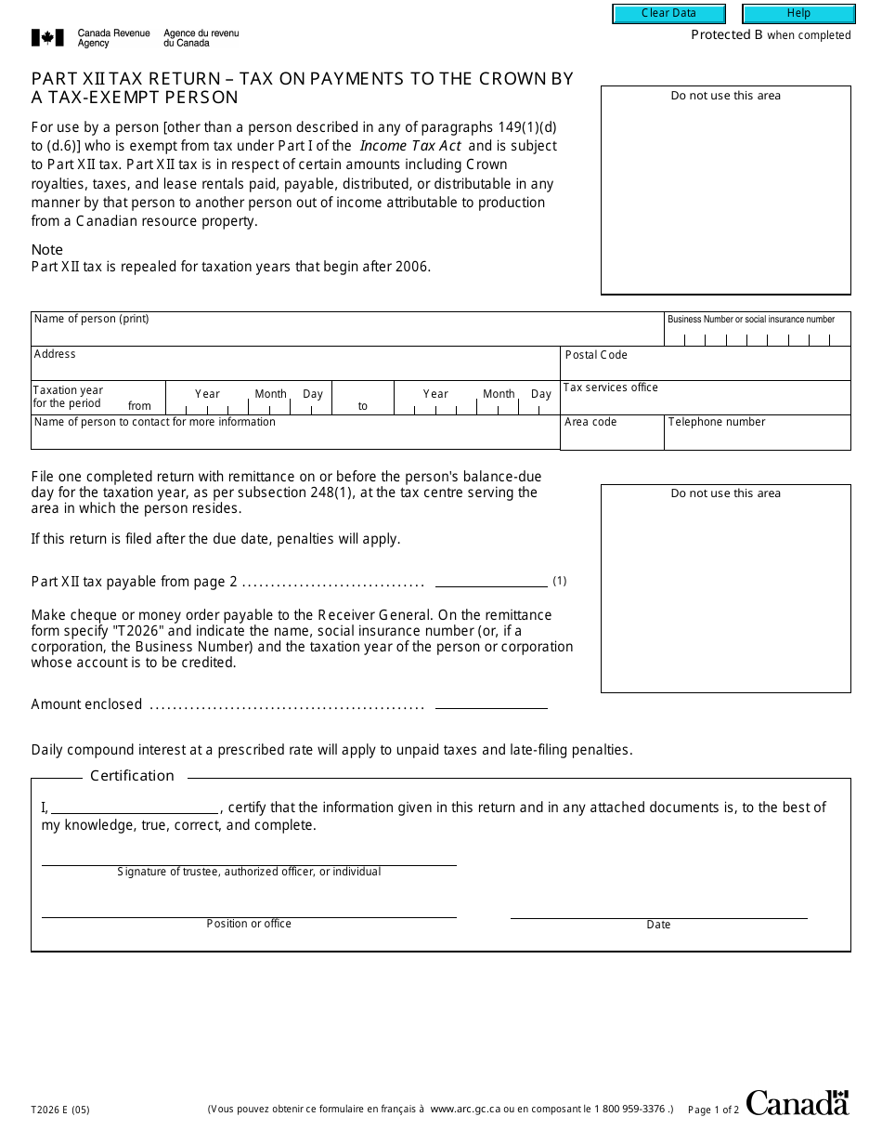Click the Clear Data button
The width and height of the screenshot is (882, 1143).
pos(668,14)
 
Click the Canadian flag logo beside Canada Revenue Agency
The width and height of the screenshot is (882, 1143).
pos(47,38)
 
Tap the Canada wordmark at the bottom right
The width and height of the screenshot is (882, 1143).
pos(797,1103)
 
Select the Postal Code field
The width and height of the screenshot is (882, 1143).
pos(706,367)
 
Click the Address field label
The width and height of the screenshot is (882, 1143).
pos(55,354)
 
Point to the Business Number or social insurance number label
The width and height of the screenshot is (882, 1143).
pos(751,320)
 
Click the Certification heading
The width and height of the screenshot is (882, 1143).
pos(132,776)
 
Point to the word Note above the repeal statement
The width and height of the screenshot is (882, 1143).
pos(47,250)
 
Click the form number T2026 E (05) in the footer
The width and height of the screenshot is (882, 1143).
pos(60,1110)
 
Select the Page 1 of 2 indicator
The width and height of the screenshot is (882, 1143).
pos(713,1110)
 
